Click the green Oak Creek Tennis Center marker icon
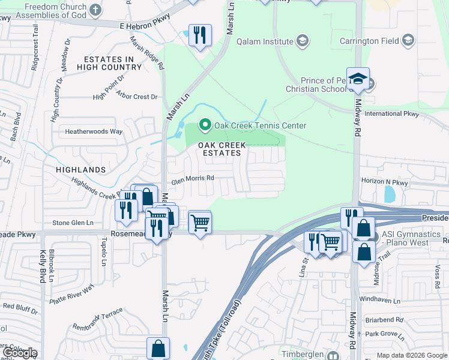(205, 125)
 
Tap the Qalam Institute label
(265, 41)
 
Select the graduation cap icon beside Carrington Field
(408, 41)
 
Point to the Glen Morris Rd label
(192, 178)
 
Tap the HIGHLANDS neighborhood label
(80, 170)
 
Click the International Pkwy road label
(391, 113)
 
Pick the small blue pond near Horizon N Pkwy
(389, 194)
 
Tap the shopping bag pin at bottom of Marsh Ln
(158, 347)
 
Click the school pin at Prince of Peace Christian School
(358, 79)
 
